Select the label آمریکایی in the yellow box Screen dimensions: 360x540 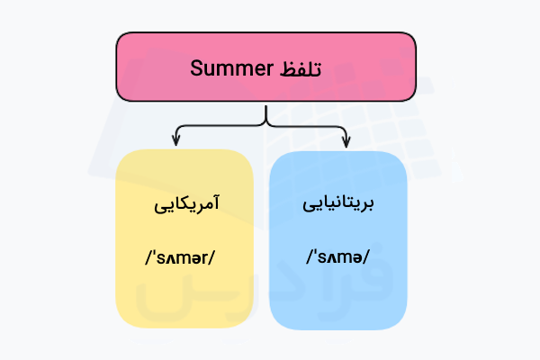pyautogui.click(x=184, y=205)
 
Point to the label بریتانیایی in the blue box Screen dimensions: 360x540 pyautogui.click(x=338, y=205)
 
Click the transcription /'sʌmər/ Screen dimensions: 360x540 pyautogui.click(x=184, y=258)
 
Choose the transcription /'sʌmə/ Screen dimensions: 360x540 pyautogui.click(x=337, y=258)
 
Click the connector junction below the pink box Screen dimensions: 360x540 pyautogui.click(x=265, y=123)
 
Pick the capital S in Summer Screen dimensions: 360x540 pyautogui.click(x=196, y=67)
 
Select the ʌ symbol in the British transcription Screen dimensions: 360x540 pyautogui.click(x=331, y=258)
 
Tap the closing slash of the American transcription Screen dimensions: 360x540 pyautogui.click(x=219, y=258)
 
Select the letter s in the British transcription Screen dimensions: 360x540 pyautogui.click(x=319, y=258)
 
